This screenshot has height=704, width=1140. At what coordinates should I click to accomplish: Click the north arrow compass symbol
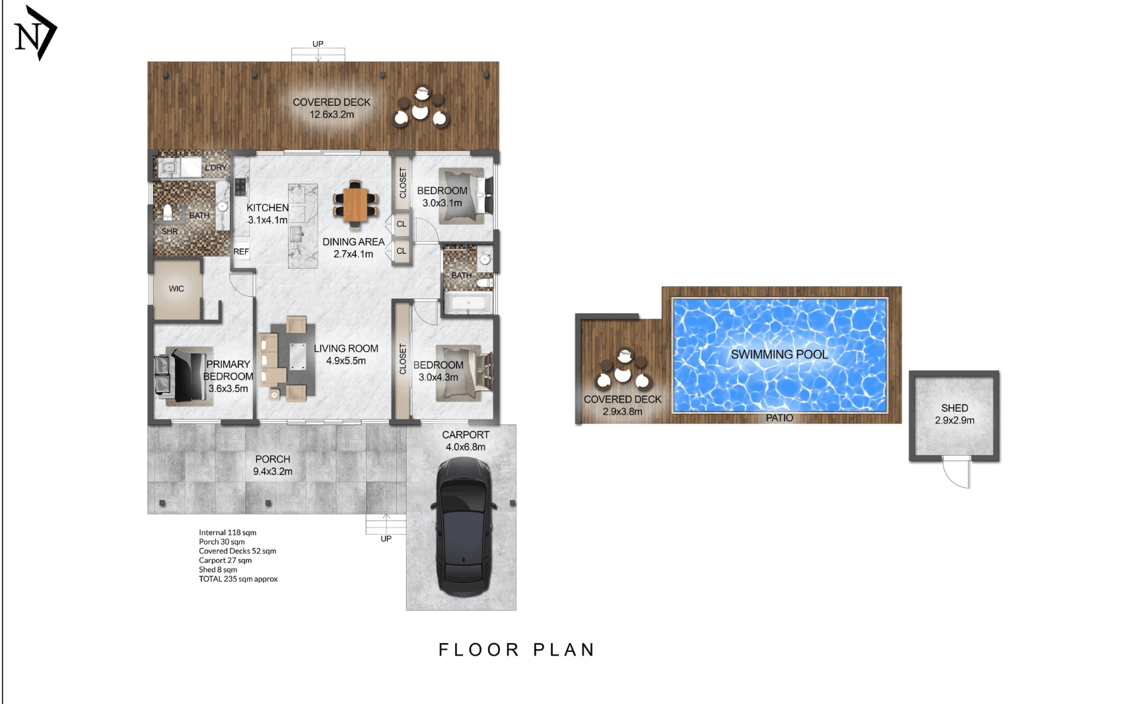pos(36,33)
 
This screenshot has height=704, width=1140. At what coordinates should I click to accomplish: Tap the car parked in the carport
pos(463,527)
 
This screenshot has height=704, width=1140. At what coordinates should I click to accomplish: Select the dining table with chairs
pos(355,204)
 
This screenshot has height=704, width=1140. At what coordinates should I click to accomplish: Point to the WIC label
pos(176,289)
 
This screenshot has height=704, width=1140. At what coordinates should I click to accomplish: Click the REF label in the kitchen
pos(241,252)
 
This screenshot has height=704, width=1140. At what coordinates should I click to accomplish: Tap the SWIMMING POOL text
pos(779,354)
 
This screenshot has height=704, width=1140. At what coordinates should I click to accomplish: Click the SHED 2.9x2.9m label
pos(954,414)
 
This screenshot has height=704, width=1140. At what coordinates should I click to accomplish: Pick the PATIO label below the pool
pos(779,418)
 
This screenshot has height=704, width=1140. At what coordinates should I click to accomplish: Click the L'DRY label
pos(215,168)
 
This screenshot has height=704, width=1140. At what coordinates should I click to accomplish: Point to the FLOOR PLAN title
pos(517,650)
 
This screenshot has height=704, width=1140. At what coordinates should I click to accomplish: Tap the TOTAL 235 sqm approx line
pos(238,579)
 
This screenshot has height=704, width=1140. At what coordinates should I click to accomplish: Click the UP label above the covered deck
pos(318,44)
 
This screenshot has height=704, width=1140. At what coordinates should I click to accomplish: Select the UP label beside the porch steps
pos(386,539)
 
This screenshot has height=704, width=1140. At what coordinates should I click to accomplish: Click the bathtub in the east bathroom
pos(468,303)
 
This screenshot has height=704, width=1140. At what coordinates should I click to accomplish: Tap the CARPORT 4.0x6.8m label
pos(466,441)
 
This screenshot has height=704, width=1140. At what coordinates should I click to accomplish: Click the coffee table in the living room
pos(298,357)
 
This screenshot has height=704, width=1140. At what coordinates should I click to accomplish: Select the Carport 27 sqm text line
pos(225,561)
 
